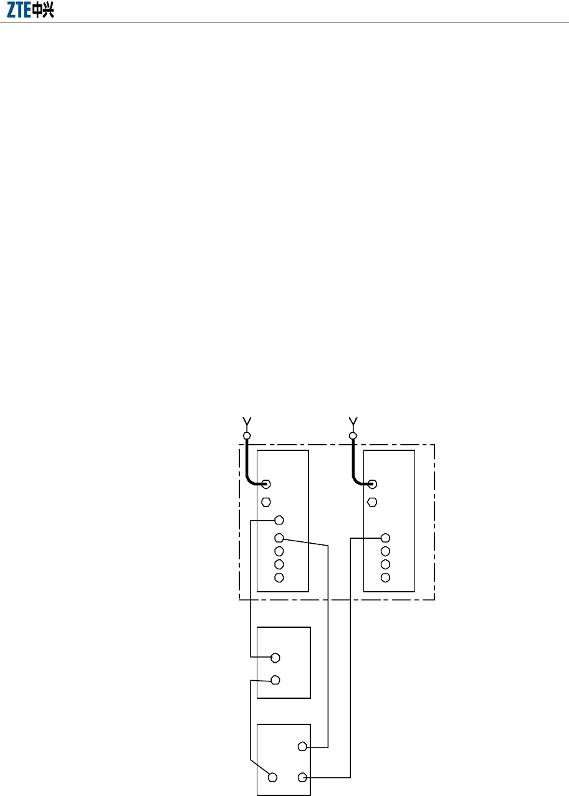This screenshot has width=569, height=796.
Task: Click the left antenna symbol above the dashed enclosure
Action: [x=246, y=421]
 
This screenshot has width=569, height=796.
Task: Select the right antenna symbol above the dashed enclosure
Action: [x=353, y=421]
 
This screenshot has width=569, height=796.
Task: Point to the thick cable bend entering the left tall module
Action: [x=251, y=481]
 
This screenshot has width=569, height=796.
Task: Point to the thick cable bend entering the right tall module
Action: [x=356, y=481]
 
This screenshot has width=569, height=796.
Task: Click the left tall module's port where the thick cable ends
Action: [x=266, y=484]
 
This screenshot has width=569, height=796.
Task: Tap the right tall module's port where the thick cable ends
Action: [x=372, y=484]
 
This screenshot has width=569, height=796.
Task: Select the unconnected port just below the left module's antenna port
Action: [x=266, y=502]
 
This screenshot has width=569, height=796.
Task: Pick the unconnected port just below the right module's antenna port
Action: [x=372, y=502]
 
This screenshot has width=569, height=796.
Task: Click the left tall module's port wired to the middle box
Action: [x=279, y=519]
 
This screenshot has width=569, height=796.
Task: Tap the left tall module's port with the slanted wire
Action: [x=279, y=538]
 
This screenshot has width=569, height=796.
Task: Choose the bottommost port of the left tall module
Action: [x=279, y=577]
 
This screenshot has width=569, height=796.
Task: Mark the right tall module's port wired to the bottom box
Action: [x=385, y=538]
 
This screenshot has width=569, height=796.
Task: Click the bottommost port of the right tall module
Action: [x=385, y=577]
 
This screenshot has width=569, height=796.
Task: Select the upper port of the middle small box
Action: [x=275, y=657]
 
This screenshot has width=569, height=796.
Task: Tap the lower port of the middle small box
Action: [x=275, y=680]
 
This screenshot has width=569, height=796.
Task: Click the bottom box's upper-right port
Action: [x=302, y=746]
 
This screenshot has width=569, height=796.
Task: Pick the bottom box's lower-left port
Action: [x=272, y=777]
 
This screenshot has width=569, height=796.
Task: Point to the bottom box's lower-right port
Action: [x=302, y=777]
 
